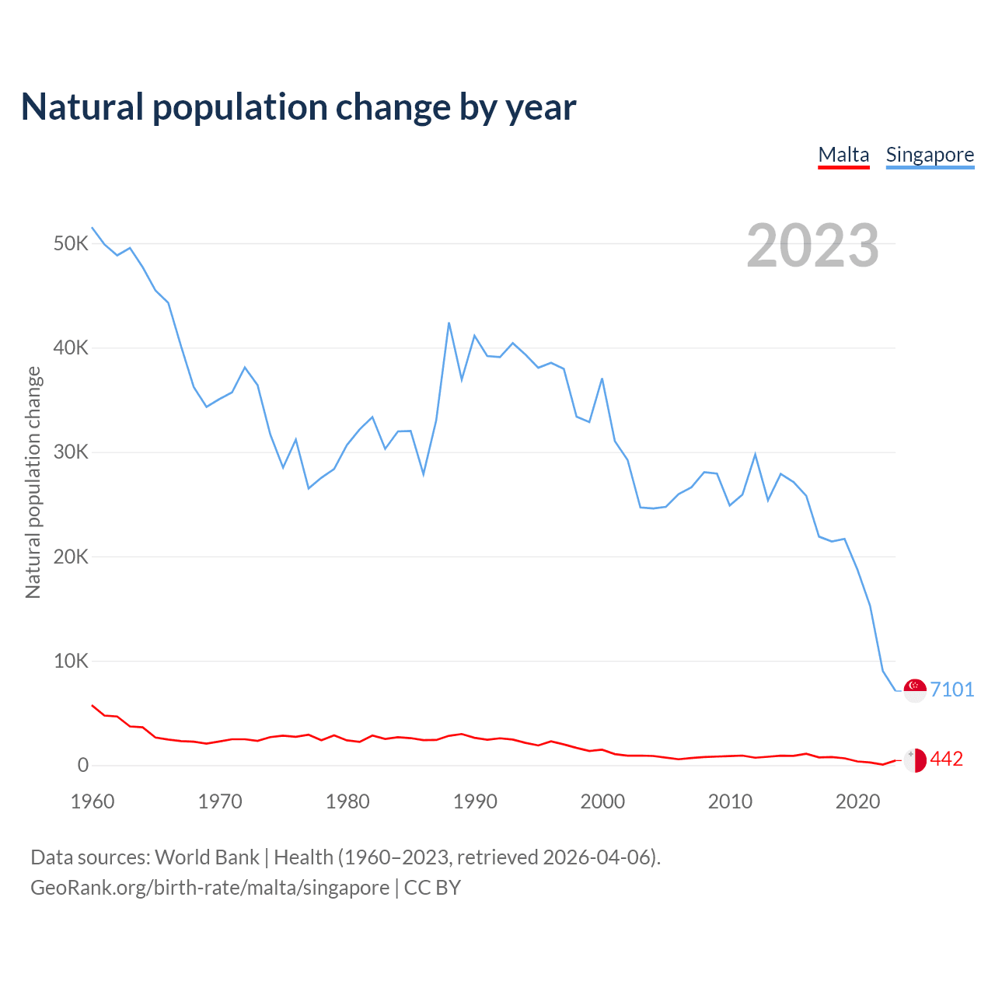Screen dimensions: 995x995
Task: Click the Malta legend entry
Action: (843, 155)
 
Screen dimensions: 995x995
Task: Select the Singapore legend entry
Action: (930, 155)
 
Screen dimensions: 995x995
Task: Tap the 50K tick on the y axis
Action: (72, 244)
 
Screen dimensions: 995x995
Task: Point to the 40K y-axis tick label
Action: (72, 348)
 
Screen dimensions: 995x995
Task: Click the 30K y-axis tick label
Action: (72, 452)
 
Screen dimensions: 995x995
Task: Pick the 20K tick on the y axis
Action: (72, 557)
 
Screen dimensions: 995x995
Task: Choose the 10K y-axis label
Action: (72, 662)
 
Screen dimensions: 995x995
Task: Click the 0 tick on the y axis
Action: (83, 766)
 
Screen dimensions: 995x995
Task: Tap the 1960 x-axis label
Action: (93, 801)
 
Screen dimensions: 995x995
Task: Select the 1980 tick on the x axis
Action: (347, 801)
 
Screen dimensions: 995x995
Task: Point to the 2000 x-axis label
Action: (602, 801)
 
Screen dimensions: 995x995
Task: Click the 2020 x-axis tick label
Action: (857, 801)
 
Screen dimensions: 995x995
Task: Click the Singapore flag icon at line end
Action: (915, 690)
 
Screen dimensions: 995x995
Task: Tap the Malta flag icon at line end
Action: (915, 759)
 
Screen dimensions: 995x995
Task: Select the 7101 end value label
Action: (952, 690)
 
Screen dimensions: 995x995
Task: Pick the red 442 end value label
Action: (947, 759)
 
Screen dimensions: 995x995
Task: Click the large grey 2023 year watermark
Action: (812, 246)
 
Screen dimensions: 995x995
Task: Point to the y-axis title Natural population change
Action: (33, 482)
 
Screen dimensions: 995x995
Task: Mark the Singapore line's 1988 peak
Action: (449, 323)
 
